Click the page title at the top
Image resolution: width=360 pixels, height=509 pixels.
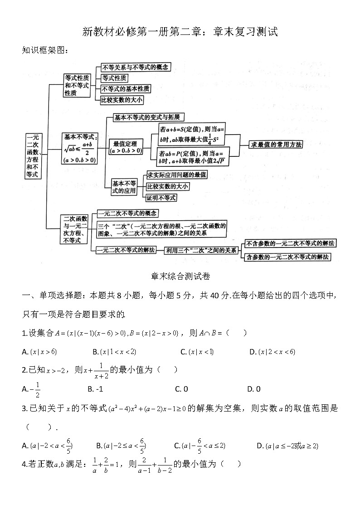[x=180, y=31]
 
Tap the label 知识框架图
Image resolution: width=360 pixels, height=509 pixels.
[x=45, y=50]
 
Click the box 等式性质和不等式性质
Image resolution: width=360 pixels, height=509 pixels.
[x=77, y=85]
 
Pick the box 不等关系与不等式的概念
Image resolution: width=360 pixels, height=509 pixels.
[x=135, y=67]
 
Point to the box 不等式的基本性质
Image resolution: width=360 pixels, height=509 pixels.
[x=125, y=89]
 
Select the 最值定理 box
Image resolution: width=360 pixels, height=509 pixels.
[x=126, y=147]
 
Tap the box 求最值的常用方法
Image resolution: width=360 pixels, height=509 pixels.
[x=276, y=145]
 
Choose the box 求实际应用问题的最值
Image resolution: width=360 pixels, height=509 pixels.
[x=177, y=175]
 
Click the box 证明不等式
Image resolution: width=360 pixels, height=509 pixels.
[x=161, y=198]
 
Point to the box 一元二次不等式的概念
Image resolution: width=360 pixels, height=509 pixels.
[x=127, y=213]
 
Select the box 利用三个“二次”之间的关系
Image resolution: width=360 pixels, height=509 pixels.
[x=201, y=250]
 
